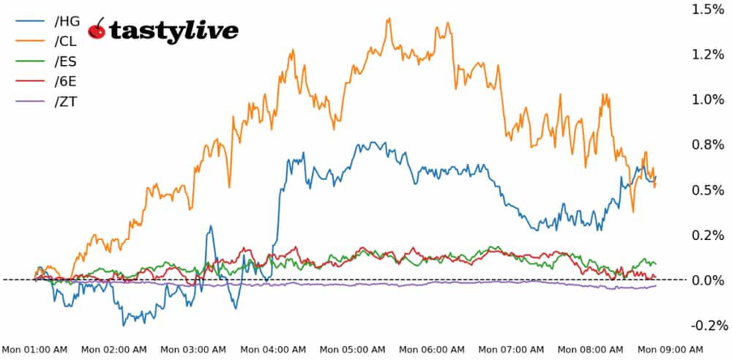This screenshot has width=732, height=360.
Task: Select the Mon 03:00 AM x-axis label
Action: tap(193, 350)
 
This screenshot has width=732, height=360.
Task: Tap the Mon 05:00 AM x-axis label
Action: tap(353, 350)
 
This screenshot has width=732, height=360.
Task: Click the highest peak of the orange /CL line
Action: tap(389, 18)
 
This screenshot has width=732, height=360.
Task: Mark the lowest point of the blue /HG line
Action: tap(124, 325)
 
